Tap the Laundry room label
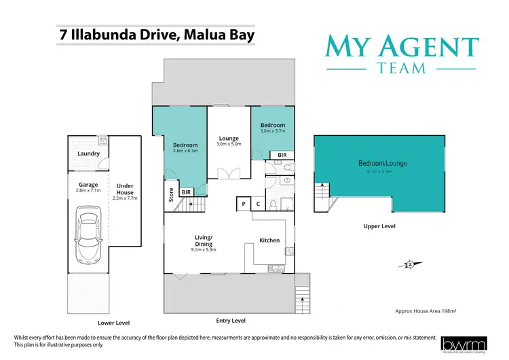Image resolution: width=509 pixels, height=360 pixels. click(x=89, y=154)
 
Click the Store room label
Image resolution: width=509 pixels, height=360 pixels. click(x=170, y=195)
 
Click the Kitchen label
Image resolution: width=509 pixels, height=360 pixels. click(x=269, y=240)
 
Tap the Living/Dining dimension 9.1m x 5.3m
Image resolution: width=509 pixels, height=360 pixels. click(x=204, y=251)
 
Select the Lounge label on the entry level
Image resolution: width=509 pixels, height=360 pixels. click(x=229, y=139)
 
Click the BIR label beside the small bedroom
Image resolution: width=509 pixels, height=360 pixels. click(x=282, y=156)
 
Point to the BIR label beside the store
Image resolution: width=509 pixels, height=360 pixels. click(x=185, y=192)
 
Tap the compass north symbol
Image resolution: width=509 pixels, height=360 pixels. click(x=410, y=264)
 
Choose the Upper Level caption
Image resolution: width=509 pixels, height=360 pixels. click(x=379, y=226)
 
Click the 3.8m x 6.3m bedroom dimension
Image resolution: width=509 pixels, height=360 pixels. click(x=185, y=151)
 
